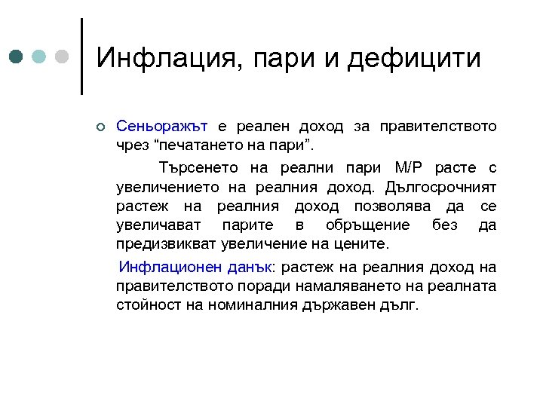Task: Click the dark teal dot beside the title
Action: coord(16,57)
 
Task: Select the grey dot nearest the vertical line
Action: coord(63,57)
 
